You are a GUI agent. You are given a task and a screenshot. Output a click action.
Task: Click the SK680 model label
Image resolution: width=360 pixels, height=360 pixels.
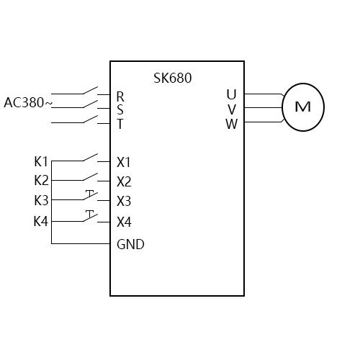[173, 78]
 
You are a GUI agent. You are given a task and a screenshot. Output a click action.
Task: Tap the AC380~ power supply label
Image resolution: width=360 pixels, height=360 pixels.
[28, 103]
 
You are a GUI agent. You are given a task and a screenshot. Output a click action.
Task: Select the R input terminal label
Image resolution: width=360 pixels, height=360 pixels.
[120, 96]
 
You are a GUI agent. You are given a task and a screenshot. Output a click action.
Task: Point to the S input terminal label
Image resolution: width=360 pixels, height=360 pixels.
[120, 110]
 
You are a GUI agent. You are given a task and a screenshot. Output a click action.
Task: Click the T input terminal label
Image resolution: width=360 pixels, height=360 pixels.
[120, 124]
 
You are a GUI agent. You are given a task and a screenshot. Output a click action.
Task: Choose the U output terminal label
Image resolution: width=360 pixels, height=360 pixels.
[231, 94]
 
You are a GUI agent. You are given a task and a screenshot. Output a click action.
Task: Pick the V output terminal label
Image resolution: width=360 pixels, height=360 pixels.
[231, 109]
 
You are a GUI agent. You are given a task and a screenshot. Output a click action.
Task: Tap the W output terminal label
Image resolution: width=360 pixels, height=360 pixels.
[231, 124]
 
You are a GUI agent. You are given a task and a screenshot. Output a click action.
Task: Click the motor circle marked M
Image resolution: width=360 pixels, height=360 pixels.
[302, 107]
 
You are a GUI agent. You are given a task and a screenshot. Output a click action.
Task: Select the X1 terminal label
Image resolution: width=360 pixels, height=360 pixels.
[124, 162]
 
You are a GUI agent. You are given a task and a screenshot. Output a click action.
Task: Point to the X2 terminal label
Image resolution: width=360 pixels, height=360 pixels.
[124, 181]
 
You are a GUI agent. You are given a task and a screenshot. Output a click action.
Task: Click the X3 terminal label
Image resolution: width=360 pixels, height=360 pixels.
[124, 201]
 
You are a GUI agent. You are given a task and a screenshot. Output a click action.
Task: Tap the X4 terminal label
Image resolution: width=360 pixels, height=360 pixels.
[124, 222]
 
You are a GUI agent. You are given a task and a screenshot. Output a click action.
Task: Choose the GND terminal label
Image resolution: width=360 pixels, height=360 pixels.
[130, 244]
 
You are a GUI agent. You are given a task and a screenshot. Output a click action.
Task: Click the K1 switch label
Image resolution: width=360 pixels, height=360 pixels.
[41, 161]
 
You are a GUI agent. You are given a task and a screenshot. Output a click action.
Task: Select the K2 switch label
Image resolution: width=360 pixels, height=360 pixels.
[41, 180]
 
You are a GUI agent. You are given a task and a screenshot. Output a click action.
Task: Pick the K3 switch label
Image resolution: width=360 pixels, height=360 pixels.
[41, 200]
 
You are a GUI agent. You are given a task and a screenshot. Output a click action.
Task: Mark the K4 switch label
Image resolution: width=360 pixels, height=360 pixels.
[41, 221]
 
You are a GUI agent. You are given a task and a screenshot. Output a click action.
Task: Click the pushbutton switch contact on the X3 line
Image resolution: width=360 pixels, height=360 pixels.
[90, 197]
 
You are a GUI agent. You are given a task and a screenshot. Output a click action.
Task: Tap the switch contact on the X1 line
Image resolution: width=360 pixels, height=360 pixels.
[90, 158]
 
